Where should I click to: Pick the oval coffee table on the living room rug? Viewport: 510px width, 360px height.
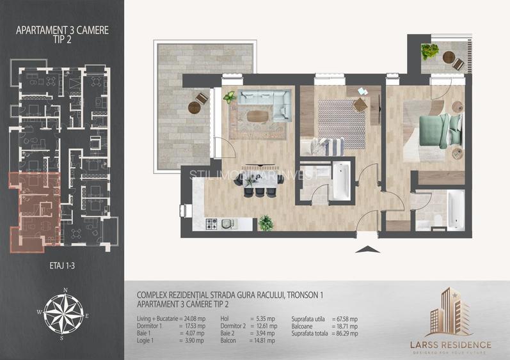coord(258,116)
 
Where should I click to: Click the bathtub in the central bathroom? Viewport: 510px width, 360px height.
coord(340,180)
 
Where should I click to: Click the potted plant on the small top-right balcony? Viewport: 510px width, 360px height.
coord(428,51)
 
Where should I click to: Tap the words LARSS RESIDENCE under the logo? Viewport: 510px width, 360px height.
coord(451,345)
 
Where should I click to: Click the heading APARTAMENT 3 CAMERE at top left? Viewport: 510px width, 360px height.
coord(62,29)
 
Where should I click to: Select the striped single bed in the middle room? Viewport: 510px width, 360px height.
coord(324,146)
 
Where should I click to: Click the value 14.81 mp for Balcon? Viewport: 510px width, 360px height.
coord(263,340)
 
